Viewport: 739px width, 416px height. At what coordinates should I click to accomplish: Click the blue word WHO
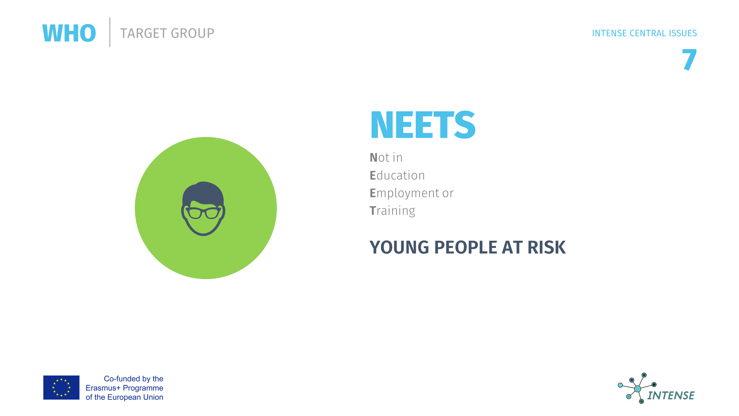pyautogui.click(x=69, y=33)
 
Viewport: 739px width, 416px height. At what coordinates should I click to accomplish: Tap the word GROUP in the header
pyautogui.click(x=193, y=33)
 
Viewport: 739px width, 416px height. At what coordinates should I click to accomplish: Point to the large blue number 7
pyautogui.click(x=689, y=60)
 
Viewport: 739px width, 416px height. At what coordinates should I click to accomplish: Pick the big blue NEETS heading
pyautogui.click(x=423, y=125)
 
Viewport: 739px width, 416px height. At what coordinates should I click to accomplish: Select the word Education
pyautogui.click(x=397, y=175)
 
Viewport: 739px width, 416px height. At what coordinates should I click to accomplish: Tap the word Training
pyautogui.click(x=393, y=211)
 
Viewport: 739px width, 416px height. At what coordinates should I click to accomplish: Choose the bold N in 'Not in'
pyautogui.click(x=374, y=158)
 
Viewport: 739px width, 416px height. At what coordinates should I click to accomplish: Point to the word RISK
pyautogui.click(x=547, y=247)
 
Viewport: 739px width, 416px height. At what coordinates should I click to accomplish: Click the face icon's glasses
pyautogui.click(x=204, y=213)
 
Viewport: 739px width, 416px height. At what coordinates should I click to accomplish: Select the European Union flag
pyautogui.click(x=61, y=388)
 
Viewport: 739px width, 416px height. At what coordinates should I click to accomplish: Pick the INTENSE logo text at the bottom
pyautogui.click(x=671, y=395)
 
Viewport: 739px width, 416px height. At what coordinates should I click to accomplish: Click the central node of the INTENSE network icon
pyautogui.click(x=638, y=389)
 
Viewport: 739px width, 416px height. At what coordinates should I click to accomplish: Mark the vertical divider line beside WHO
pyautogui.click(x=110, y=32)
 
